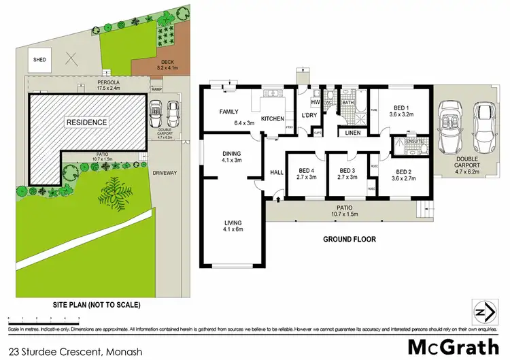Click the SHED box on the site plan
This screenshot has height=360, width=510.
(x=39, y=60)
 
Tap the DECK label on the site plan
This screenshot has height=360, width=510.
(x=148, y=63)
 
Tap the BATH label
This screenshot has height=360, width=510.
(x=347, y=102)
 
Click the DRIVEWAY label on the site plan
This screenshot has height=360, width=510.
(x=165, y=173)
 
